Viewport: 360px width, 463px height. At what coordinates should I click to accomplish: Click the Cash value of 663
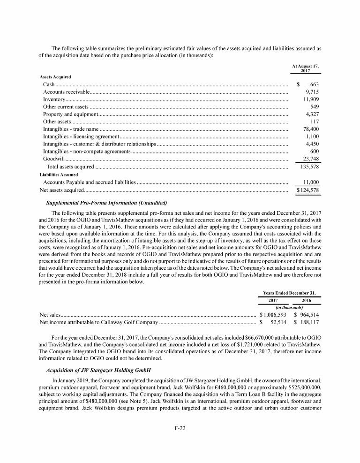(x=315, y=84)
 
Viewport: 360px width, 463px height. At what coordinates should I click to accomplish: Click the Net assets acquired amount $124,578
(x=308, y=190)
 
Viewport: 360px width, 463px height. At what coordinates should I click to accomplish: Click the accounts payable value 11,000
(x=311, y=182)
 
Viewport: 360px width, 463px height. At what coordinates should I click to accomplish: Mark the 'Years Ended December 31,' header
(x=290, y=293)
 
